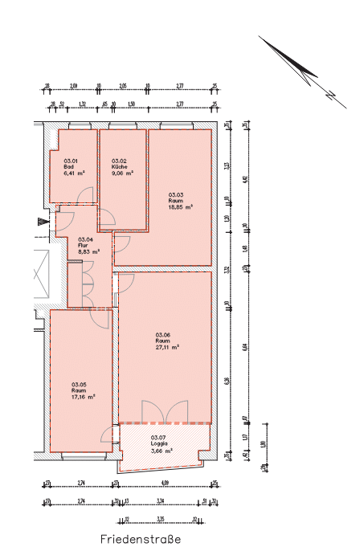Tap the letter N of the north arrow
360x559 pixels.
329,95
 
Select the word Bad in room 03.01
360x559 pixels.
68,166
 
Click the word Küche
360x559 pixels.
120,166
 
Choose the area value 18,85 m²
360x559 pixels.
181,206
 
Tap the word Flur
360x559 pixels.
83,245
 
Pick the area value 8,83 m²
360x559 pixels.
88,251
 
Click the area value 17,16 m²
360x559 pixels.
84,397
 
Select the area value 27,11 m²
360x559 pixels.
167,348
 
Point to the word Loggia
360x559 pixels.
158,443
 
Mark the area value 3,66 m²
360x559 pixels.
162,450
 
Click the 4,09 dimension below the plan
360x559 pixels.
165,483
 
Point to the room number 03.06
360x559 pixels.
163,335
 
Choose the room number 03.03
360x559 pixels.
176,194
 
